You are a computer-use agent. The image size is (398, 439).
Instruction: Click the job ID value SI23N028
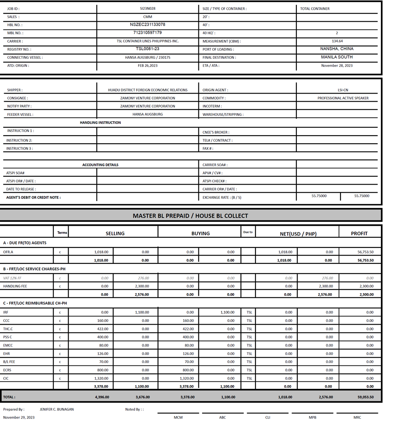tap(147, 9)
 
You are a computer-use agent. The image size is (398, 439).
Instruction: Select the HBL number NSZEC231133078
tap(147, 25)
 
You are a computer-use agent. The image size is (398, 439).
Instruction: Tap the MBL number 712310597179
tap(147, 33)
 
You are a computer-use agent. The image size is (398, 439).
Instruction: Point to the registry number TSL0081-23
tap(147, 49)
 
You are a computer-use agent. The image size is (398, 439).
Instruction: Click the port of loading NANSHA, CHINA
tap(337, 49)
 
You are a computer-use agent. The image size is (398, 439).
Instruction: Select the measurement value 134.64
tap(337, 41)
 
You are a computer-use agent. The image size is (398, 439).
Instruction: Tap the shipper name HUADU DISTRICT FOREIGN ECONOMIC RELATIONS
tap(147, 90)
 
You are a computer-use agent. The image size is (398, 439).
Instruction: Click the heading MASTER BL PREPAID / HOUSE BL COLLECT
tap(190, 216)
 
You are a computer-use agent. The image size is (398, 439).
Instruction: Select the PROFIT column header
tap(359, 234)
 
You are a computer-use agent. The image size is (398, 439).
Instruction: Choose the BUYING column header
tap(200, 234)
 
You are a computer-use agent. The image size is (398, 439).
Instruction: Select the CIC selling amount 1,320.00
tap(101, 378)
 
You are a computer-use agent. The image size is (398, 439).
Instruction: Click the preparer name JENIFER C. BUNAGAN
tap(57, 409)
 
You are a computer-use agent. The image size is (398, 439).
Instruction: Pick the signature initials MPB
tap(312, 417)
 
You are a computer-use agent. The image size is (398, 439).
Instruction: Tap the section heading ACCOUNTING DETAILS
tap(100, 165)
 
